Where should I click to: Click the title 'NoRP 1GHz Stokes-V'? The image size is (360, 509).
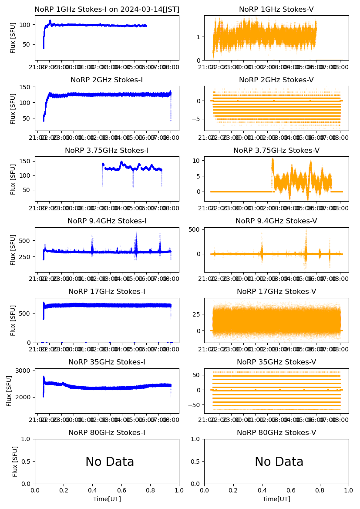click(x=276, y=10)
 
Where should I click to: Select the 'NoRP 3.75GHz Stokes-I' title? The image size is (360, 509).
click(x=107, y=151)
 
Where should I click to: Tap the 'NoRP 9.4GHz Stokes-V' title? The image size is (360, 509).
click(x=276, y=221)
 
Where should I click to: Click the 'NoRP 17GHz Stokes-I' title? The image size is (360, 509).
click(x=107, y=292)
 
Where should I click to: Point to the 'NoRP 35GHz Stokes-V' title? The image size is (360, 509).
click(x=276, y=362)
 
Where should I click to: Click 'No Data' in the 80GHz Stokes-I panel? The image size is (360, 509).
click(x=110, y=462)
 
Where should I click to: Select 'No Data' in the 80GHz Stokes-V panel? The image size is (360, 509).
click(x=279, y=462)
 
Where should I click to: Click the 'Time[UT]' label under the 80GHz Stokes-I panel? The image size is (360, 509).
click(x=107, y=499)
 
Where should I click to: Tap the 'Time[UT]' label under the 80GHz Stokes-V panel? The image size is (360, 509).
click(x=276, y=499)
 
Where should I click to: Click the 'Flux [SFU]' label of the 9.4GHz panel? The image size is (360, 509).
click(x=13, y=250)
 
